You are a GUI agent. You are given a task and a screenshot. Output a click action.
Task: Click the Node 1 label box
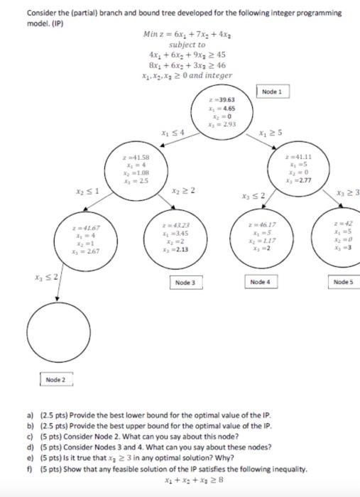(272, 92)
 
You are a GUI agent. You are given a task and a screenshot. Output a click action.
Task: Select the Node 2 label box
(55, 380)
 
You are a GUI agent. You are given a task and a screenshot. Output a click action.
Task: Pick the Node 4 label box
(261, 283)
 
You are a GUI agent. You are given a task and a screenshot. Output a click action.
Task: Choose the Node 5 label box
(344, 283)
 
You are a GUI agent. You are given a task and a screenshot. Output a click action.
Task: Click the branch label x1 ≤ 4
(173, 133)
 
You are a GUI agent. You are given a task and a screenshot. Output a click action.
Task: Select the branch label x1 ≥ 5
(271, 133)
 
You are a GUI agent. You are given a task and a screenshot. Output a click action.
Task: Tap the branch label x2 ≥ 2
(182, 190)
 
